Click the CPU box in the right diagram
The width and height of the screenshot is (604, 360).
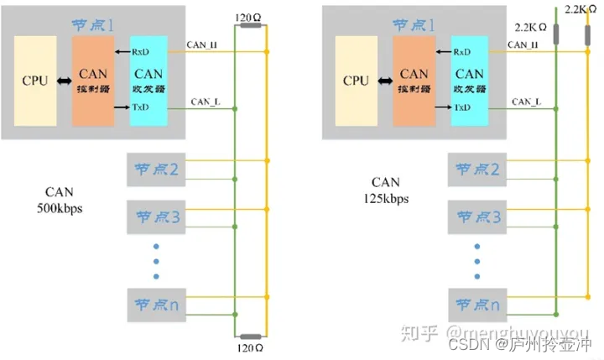356,81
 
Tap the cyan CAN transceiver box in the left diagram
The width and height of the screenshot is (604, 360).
148,81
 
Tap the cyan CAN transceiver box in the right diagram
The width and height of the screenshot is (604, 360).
471,81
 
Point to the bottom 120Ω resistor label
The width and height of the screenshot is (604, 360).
248,345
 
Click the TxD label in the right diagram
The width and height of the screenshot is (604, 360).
461,108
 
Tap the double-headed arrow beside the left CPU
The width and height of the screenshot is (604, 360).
62,82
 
